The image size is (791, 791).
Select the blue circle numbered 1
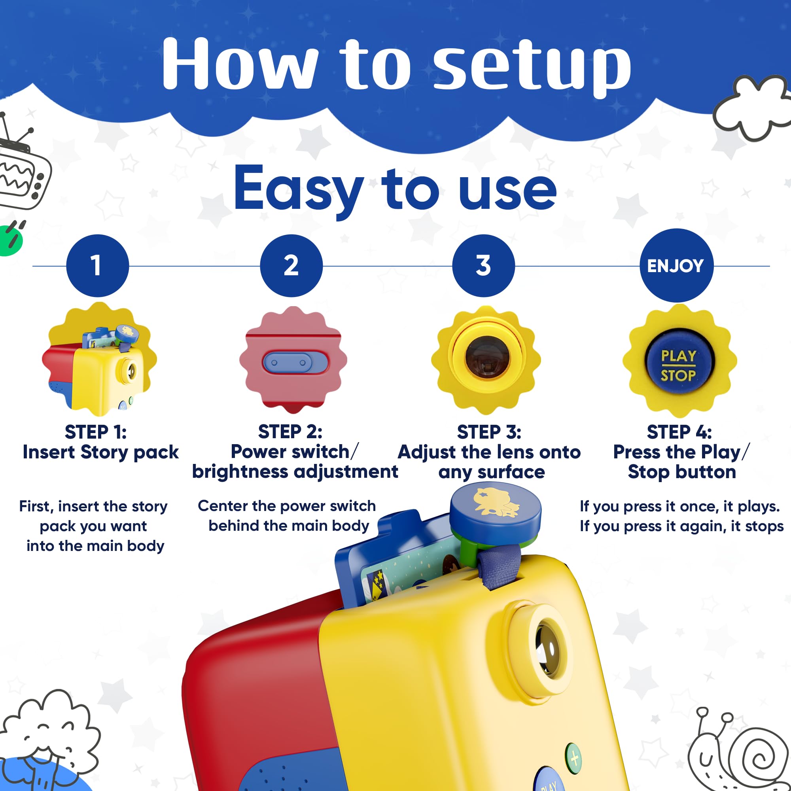[97, 266]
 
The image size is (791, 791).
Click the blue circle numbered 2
[291, 266]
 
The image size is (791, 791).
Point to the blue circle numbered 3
[484, 266]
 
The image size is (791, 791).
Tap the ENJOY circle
[676, 265]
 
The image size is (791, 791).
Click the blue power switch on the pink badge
[295, 362]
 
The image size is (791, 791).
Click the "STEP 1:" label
[96, 432]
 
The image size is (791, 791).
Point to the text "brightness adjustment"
[295, 472]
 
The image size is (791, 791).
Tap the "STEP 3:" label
[489, 432]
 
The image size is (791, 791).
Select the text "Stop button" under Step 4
[682, 472]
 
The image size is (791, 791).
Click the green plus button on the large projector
[573, 759]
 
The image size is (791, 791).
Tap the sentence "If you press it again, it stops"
[682, 526]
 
